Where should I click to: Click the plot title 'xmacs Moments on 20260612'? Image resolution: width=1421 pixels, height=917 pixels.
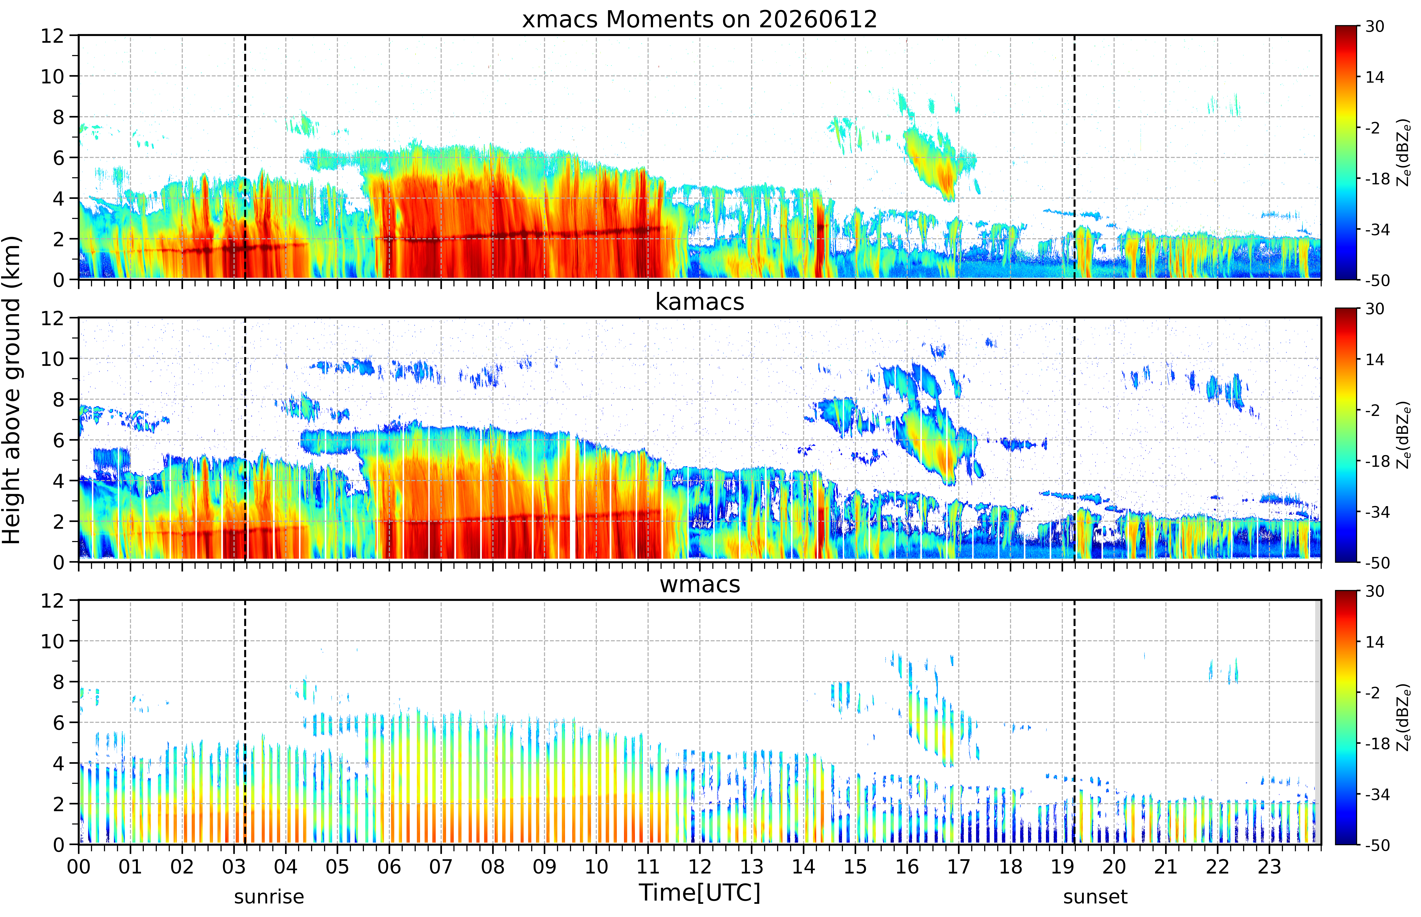pyautogui.click(x=699, y=20)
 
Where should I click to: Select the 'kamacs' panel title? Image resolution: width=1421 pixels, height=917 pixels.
pyautogui.click(x=699, y=302)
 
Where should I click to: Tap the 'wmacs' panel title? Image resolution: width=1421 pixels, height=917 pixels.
pyautogui.click(x=699, y=584)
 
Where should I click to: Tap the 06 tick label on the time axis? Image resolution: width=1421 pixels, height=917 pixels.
pyautogui.click(x=389, y=866)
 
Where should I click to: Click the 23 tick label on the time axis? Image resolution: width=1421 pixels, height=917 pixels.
pyautogui.click(x=1269, y=866)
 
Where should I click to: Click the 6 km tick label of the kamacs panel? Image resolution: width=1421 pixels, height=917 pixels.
pyautogui.click(x=58, y=440)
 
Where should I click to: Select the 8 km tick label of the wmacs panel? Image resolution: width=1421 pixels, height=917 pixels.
pyautogui.click(x=58, y=682)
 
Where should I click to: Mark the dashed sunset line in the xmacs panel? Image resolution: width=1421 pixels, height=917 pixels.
pyautogui.click(x=1075, y=157)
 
